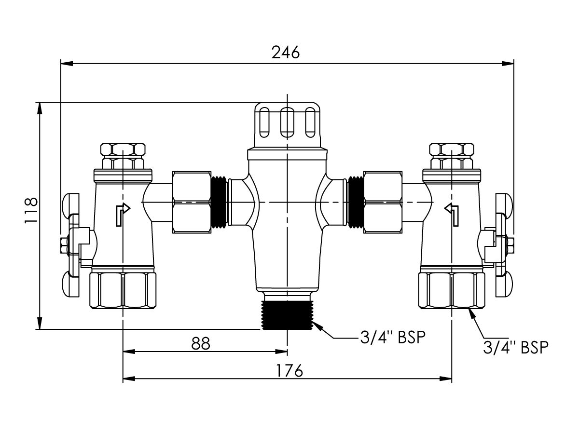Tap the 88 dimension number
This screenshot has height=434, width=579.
tap(201, 343)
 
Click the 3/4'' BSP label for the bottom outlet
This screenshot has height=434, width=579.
tap(393, 338)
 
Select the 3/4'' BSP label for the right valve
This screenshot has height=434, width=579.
tap(516, 347)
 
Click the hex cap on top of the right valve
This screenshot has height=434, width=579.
tap(452, 153)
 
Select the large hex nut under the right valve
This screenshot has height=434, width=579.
tap(451, 290)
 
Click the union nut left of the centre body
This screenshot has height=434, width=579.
tap(192, 202)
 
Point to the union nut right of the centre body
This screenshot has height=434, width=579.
tap(383, 202)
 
